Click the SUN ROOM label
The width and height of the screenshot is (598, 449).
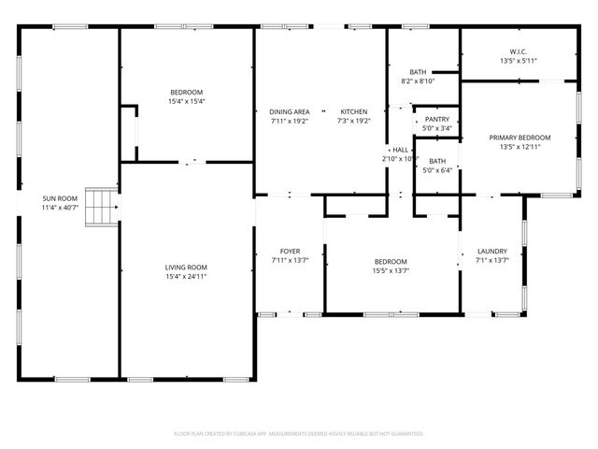[x=60, y=198]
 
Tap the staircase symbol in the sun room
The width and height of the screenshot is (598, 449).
[x=102, y=207]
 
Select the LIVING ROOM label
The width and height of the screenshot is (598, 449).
[x=185, y=268]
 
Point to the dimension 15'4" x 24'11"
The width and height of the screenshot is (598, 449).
[x=185, y=277]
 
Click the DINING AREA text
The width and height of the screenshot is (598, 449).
[x=290, y=111]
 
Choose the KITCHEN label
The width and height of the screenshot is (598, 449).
[x=353, y=111]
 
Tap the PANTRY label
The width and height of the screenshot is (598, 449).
[x=436, y=120]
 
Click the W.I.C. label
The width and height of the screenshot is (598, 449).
[x=520, y=52]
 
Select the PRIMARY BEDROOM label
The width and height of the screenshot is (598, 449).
[x=520, y=138]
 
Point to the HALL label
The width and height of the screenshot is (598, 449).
[x=400, y=150]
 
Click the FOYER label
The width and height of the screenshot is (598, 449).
[x=290, y=251]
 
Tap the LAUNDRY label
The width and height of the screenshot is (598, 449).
[x=491, y=251]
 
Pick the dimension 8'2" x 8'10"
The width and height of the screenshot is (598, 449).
[x=418, y=81]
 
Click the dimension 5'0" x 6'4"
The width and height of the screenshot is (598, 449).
[x=436, y=170]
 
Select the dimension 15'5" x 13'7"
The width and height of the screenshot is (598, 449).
[x=391, y=271]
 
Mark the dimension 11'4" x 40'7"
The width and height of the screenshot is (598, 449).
[x=60, y=208]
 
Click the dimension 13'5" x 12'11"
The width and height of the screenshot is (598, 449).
[x=520, y=147]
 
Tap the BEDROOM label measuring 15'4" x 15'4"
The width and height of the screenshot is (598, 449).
[x=185, y=92]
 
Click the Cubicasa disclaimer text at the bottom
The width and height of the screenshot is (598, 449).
[x=299, y=433]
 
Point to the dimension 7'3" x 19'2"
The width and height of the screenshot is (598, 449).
[x=353, y=121]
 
